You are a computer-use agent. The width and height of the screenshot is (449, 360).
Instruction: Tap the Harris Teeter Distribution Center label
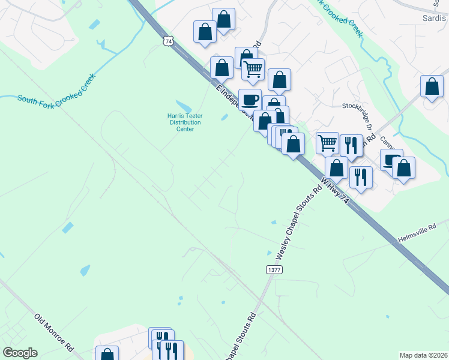click(185, 122)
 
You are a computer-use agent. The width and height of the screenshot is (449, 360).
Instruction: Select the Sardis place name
click(435, 18)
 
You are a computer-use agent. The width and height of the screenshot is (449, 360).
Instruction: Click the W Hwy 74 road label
click(334, 191)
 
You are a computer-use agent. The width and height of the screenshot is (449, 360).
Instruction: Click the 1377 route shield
click(274, 270)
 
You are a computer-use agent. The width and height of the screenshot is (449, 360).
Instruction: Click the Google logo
click(20, 353)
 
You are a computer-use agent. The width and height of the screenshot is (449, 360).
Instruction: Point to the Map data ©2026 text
click(423, 355)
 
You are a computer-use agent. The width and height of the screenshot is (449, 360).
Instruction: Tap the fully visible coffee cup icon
click(250, 99)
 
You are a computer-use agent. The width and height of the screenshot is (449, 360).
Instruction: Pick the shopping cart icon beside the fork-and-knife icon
click(327, 143)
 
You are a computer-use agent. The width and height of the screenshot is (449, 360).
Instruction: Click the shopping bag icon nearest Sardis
click(432, 86)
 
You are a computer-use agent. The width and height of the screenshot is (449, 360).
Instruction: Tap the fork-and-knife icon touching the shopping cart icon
click(350, 145)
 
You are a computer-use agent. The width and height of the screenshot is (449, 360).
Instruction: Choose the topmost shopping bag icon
click(223, 19)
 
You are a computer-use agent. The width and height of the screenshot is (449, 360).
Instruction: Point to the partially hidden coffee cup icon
click(390, 159)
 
